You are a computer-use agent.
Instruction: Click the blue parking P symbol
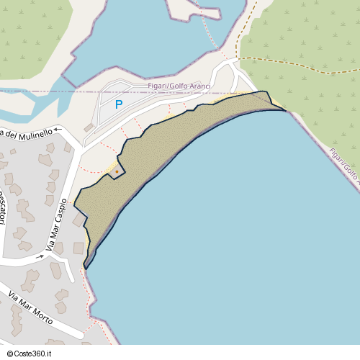click(x=119, y=104)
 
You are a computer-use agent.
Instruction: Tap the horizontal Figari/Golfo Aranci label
click(x=179, y=86)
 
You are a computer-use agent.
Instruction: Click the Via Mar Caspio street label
click(x=57, y=225)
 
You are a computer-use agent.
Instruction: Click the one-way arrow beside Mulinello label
click(x=59, y=130)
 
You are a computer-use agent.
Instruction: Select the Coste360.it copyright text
click(x=29, y=354)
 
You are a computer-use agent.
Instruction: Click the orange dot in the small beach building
click(x=117, y=171)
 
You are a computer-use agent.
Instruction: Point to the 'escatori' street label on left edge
click(x=3, y=208)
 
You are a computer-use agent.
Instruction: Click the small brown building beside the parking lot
click(x=89, y=127)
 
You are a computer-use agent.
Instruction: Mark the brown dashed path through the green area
click(x=302, y=60)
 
